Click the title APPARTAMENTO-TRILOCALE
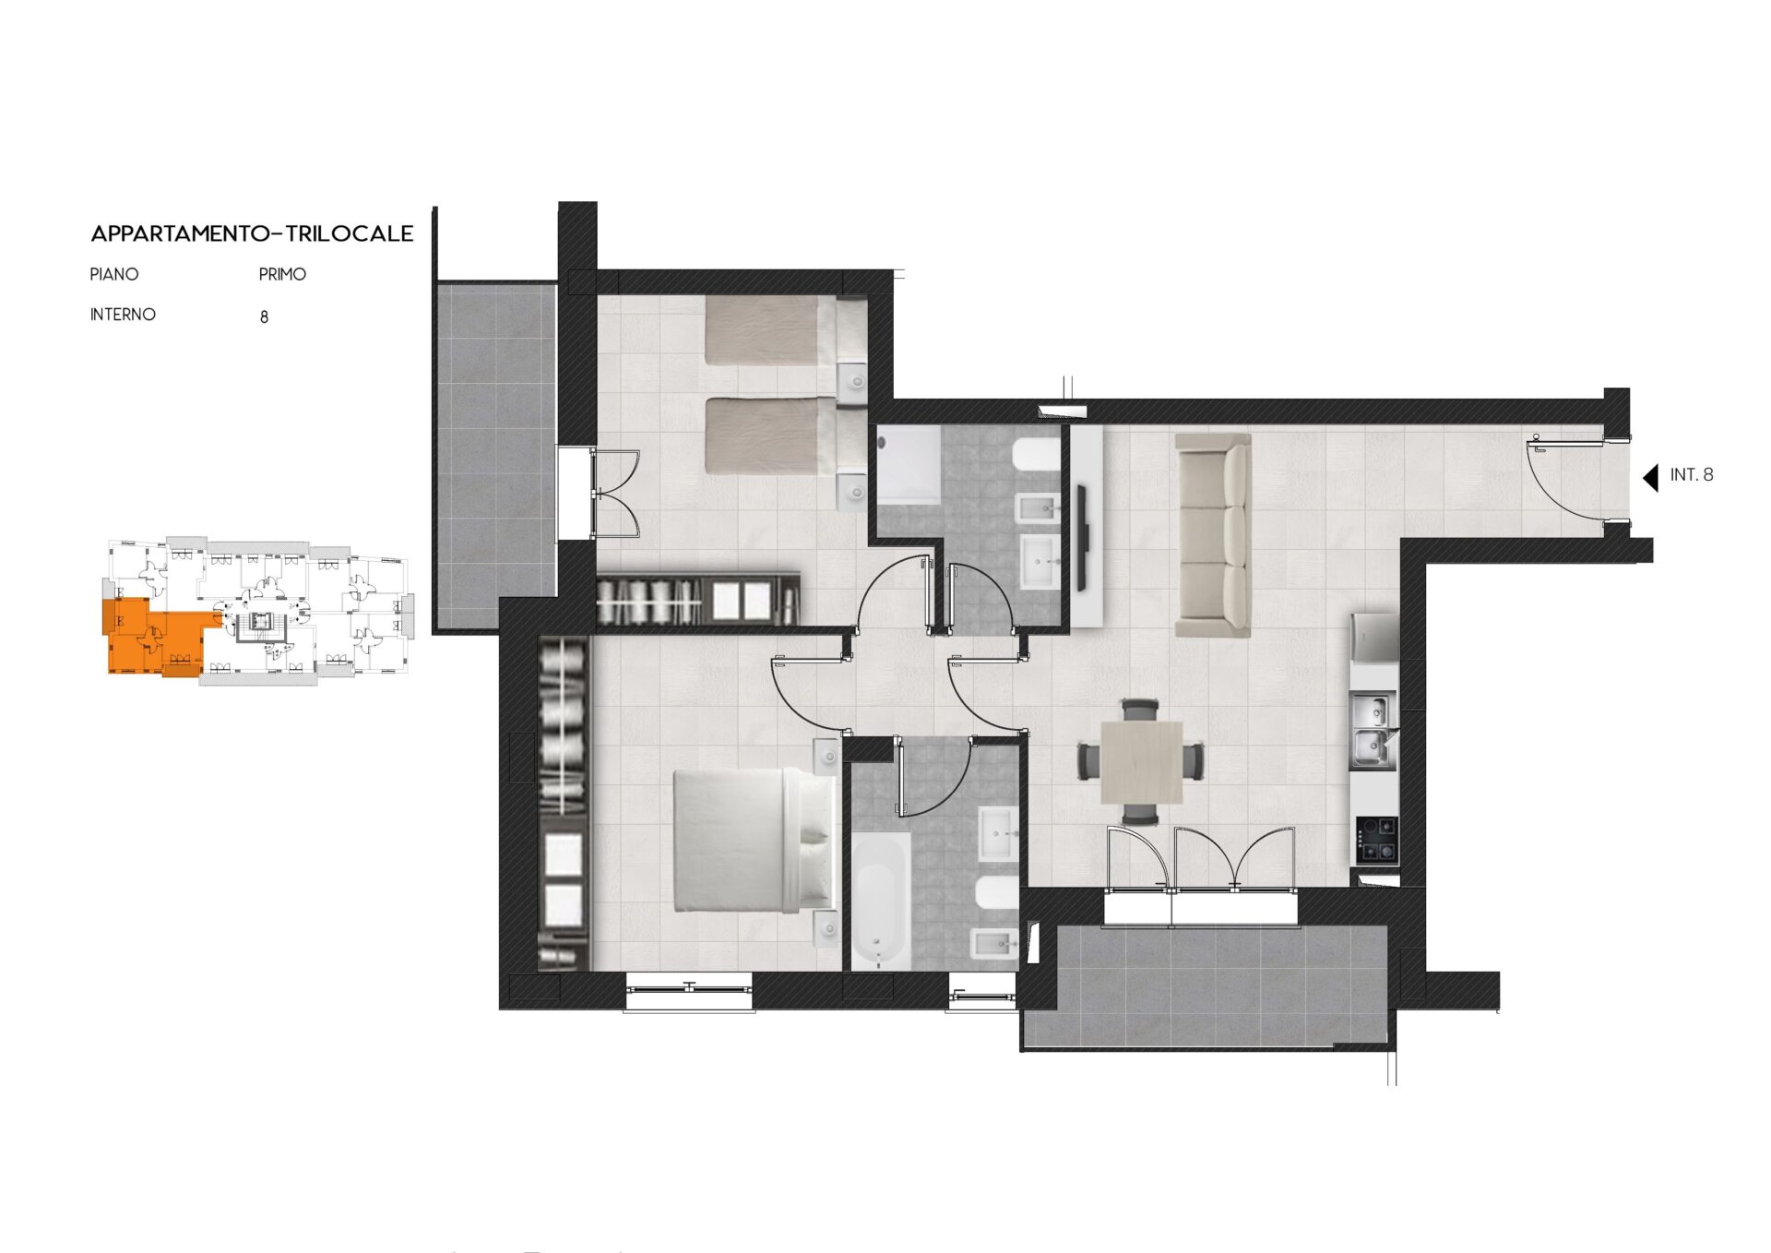tap(252, 233)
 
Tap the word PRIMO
tap(282, 274)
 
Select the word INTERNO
tap(123, 315)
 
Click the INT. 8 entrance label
tap(1692, 475)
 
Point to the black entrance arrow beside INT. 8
tap(1651, 477)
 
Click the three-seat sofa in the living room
tap(1213, 535)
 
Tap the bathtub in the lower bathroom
tap(880, 901)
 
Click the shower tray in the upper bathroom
tap(909, 465)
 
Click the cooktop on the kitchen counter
tap(1375, 840)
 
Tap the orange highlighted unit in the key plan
tap(152, 634)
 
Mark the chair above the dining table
tap(1141, 710)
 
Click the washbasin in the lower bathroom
tap(999, 833)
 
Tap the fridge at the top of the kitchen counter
tap(1374, 638)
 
